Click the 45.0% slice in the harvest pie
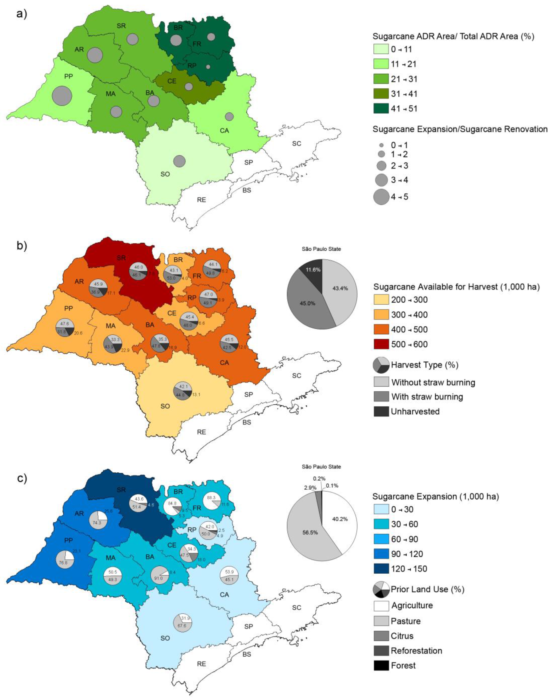[305, 301]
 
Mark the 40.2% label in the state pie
[340, 519]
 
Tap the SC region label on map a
[296, 144]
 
